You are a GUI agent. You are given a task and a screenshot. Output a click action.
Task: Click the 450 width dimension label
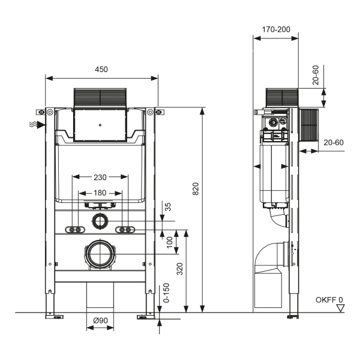pyautogui.click(x=101, y=70)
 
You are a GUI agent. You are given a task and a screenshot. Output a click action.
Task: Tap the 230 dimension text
pyautogui.click(x=100, y=177)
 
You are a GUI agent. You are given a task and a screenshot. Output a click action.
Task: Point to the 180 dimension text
pyautogui.click(x=100, y=193)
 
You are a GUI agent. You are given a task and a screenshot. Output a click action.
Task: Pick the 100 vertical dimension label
pyautogui.click(x=170, y=243)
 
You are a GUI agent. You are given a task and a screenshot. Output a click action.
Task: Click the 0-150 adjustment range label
pyautogui.click(x=170, y=292)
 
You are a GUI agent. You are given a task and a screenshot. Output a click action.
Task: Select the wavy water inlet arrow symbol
pyautogui.click(x=37, y=124)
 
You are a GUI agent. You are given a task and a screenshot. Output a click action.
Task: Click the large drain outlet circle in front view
pyautogui.click(x=100, y=254)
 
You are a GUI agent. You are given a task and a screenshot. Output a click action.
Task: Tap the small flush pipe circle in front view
pyautogui.click(x=100, y=222)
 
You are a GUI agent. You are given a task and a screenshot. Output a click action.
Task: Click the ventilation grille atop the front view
pyautogui.click(x=100, y=98)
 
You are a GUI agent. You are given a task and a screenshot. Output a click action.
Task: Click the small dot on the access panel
pyautogui.click(x=100, y=126)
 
